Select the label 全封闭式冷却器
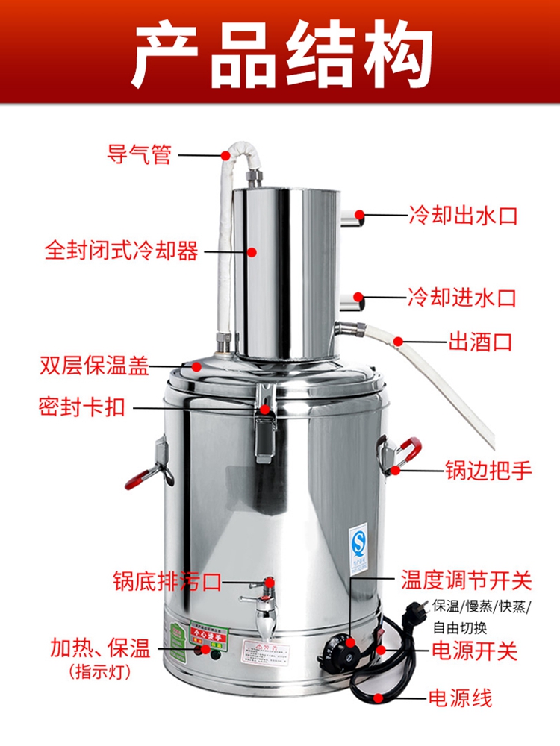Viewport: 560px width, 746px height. [x=122, y=251]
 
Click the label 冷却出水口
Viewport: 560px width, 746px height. [x=462, y=216]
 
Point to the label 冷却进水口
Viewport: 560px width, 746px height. [x=462, y=298]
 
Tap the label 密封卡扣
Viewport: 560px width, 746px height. [x=81, y=407]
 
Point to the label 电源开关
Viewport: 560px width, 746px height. [x=475, y=650]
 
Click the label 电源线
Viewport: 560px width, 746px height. [x=460, y=698]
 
